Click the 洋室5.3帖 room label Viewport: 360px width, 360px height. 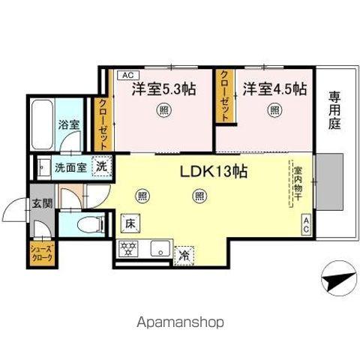[163, 89]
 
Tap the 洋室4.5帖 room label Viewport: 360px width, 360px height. [274, 89]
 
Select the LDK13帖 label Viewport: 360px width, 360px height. [214, 170]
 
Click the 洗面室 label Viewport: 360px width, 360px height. [70, 168]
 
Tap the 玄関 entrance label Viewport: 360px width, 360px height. [41, 202]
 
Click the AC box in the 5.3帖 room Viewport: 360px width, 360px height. [126, 75]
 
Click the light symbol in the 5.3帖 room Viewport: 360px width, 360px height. [163, 111]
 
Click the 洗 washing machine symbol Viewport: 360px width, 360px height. [100, 166]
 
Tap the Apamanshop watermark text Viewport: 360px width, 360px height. [180, 323]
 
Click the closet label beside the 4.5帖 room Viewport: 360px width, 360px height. [225, 97]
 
